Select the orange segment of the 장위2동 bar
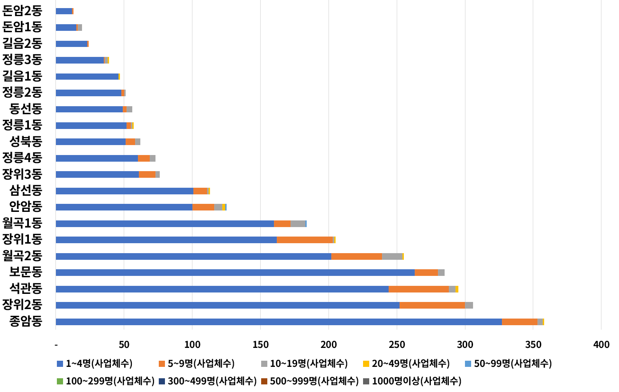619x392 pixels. click(432, 305)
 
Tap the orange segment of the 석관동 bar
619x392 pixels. click(419, 289)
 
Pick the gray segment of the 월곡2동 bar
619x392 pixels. click(392, 256)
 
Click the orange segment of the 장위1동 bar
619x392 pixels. click(305, 240)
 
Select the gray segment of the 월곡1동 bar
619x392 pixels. click(298, 224)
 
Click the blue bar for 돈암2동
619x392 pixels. click(64, 11)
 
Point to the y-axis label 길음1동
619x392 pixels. click(22, 76)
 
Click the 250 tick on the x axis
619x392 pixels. click(397, 345)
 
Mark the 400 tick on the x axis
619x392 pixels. click(601, 345)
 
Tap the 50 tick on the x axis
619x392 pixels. click(124, 345)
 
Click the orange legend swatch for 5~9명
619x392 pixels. click(162, 364)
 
